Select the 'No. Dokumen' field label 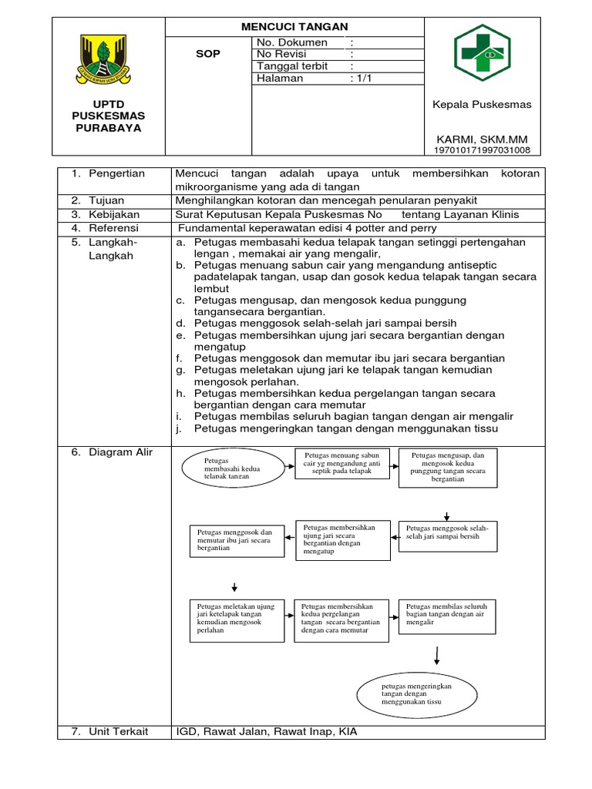291,42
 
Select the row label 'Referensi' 113,228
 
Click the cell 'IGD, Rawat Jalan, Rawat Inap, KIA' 267,731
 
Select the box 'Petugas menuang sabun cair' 341,463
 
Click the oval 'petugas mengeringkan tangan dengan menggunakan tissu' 416,693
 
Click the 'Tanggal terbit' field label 292,66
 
